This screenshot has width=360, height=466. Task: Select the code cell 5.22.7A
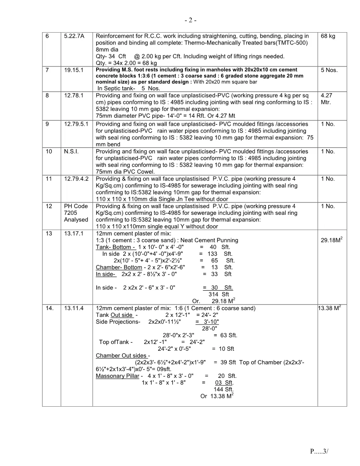[74, 36]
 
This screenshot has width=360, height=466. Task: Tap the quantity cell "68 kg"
[328, 36]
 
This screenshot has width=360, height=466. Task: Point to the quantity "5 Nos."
[329, 70]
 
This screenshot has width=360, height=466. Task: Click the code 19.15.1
[73, 70]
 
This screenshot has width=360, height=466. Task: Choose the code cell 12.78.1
[73, 96]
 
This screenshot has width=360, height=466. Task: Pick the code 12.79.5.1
[76, 124]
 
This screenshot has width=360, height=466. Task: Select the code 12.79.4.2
[76, 179]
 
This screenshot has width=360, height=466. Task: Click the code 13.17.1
[73, 233]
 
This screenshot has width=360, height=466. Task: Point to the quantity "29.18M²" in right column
[332, 240]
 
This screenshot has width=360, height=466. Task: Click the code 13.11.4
[73, 308]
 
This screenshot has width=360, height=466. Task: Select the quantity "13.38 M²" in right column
[331, 308]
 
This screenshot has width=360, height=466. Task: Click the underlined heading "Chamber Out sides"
[122, 355]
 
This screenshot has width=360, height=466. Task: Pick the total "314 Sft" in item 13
[219, 294]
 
